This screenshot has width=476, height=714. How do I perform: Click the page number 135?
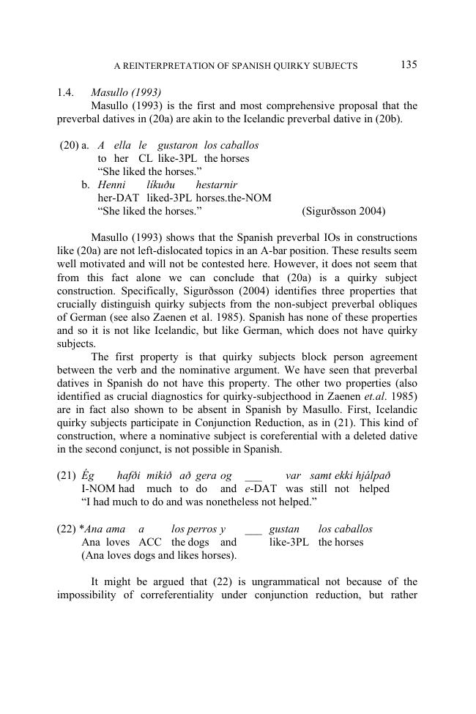pos(409,64)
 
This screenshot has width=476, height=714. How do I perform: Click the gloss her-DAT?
pos(119,198)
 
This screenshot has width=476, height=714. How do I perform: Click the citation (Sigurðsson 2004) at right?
pos(343,212)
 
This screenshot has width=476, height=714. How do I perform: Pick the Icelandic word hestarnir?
pos(216,185)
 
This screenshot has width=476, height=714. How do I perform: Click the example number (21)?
pos(66,475)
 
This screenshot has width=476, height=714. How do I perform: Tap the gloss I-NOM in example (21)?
pos(97,488)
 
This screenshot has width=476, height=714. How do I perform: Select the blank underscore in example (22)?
pos(253,529)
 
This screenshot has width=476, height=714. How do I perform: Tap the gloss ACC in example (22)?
pos(150,542)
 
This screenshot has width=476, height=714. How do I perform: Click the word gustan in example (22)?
pos(284,529)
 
